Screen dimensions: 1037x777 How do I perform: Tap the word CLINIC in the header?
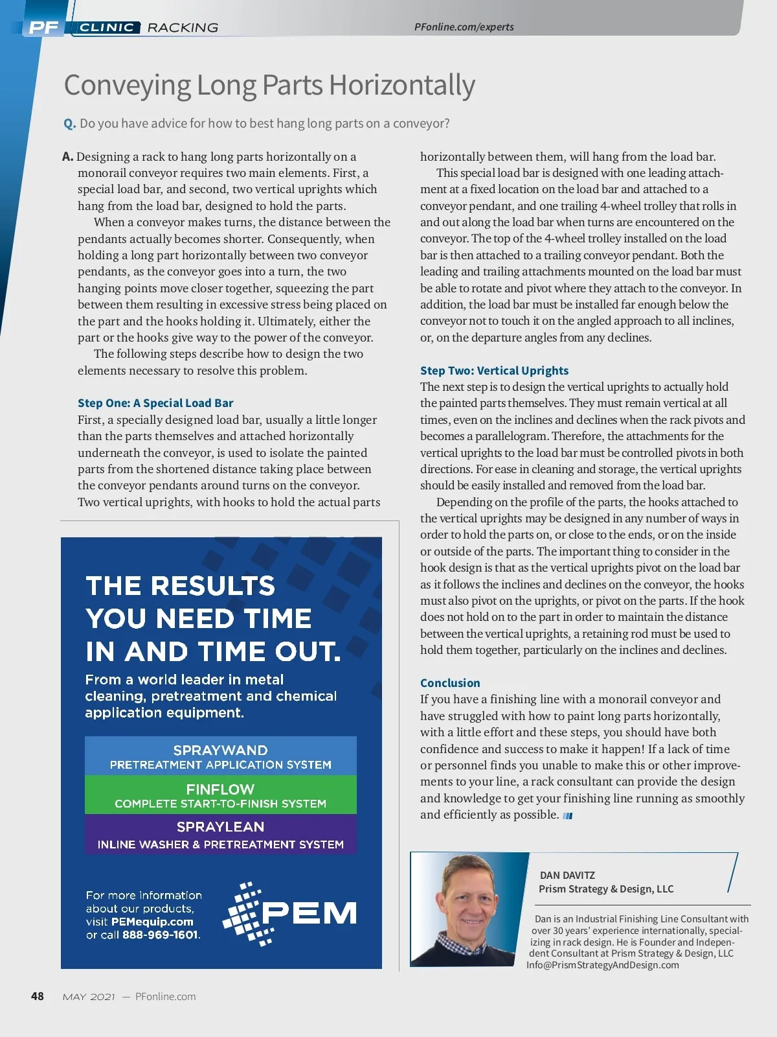coord(107,27)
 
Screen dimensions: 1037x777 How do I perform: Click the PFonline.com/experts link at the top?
coord(464,27)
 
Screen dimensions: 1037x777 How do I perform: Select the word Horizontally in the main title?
coord(401,85)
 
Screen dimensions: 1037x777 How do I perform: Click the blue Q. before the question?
coord(70,123)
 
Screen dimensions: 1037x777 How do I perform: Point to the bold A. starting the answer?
coord(67,157)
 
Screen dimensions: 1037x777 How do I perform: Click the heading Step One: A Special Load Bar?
coord(155,403)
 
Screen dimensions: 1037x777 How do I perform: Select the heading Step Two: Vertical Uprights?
coord(494,371)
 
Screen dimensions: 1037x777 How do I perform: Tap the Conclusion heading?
coord(450,683)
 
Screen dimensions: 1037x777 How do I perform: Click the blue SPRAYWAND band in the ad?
coord(220,756)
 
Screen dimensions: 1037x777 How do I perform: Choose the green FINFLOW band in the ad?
coord(220,795)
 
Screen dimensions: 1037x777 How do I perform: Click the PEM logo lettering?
coord(309,914)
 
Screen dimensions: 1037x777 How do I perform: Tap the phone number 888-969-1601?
coord(161,935)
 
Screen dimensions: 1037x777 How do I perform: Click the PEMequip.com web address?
coord(152,922)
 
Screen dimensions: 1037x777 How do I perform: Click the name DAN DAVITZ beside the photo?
coord(567,875)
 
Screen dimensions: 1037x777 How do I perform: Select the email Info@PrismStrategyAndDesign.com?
coord(603,965)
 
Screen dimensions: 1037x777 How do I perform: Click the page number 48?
coord(38,996)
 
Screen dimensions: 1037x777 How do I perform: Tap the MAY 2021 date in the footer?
coord(89,997)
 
